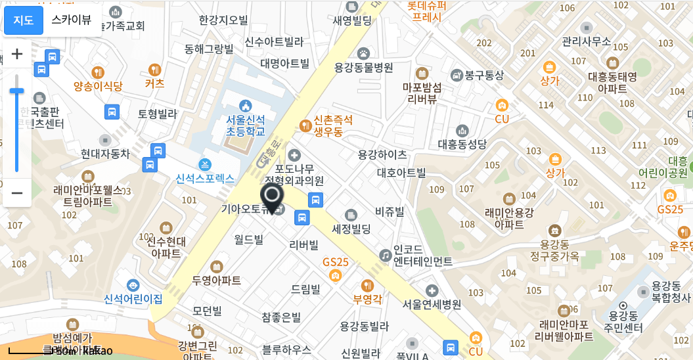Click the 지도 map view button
tap(24, 20)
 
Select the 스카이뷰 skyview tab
tap(72, 20)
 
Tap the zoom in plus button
tap(18, 54)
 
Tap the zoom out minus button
tap(18, 193)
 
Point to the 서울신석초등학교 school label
tap(246, 125)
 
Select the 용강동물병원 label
tap(363, 67)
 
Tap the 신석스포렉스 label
tap(205, 177)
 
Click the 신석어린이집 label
tap(133, 299)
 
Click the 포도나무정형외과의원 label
tap(294, 173)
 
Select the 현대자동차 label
tap(105, 154)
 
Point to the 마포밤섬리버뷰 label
tap(422, 93)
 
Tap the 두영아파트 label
tap(216, 280)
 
